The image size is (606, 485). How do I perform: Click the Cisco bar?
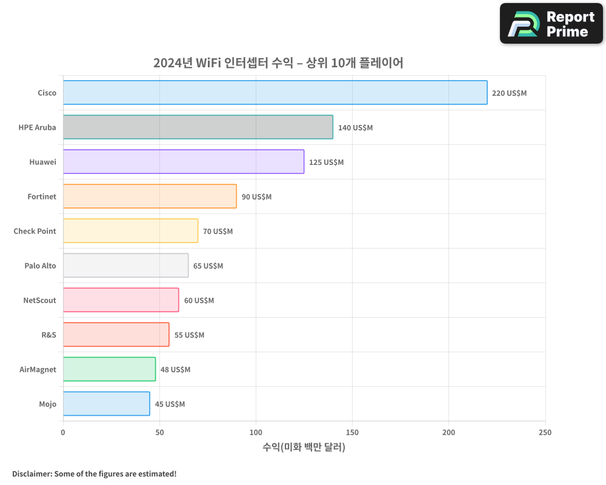275,93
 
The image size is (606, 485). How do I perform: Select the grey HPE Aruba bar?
198,127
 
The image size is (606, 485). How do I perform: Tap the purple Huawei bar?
184,162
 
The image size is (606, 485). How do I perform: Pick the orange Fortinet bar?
150,196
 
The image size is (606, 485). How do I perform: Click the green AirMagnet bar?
109,369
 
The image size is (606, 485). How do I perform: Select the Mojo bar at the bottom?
106,404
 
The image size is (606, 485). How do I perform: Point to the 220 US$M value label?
509,93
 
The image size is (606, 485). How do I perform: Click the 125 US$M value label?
326,162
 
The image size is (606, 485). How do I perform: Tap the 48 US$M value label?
175,370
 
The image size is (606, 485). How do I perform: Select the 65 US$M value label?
208,266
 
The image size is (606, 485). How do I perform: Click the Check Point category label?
35,231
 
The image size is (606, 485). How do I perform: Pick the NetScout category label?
39,300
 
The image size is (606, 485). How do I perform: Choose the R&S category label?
48,335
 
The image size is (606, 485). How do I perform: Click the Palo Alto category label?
40,266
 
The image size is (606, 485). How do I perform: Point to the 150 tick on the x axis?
352,432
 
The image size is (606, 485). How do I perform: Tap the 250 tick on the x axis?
545,432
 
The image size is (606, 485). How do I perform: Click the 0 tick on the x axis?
63,432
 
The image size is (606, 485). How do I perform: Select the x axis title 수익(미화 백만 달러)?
304,447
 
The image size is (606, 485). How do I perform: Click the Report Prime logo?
551,24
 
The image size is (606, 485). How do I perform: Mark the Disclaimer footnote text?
94,473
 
